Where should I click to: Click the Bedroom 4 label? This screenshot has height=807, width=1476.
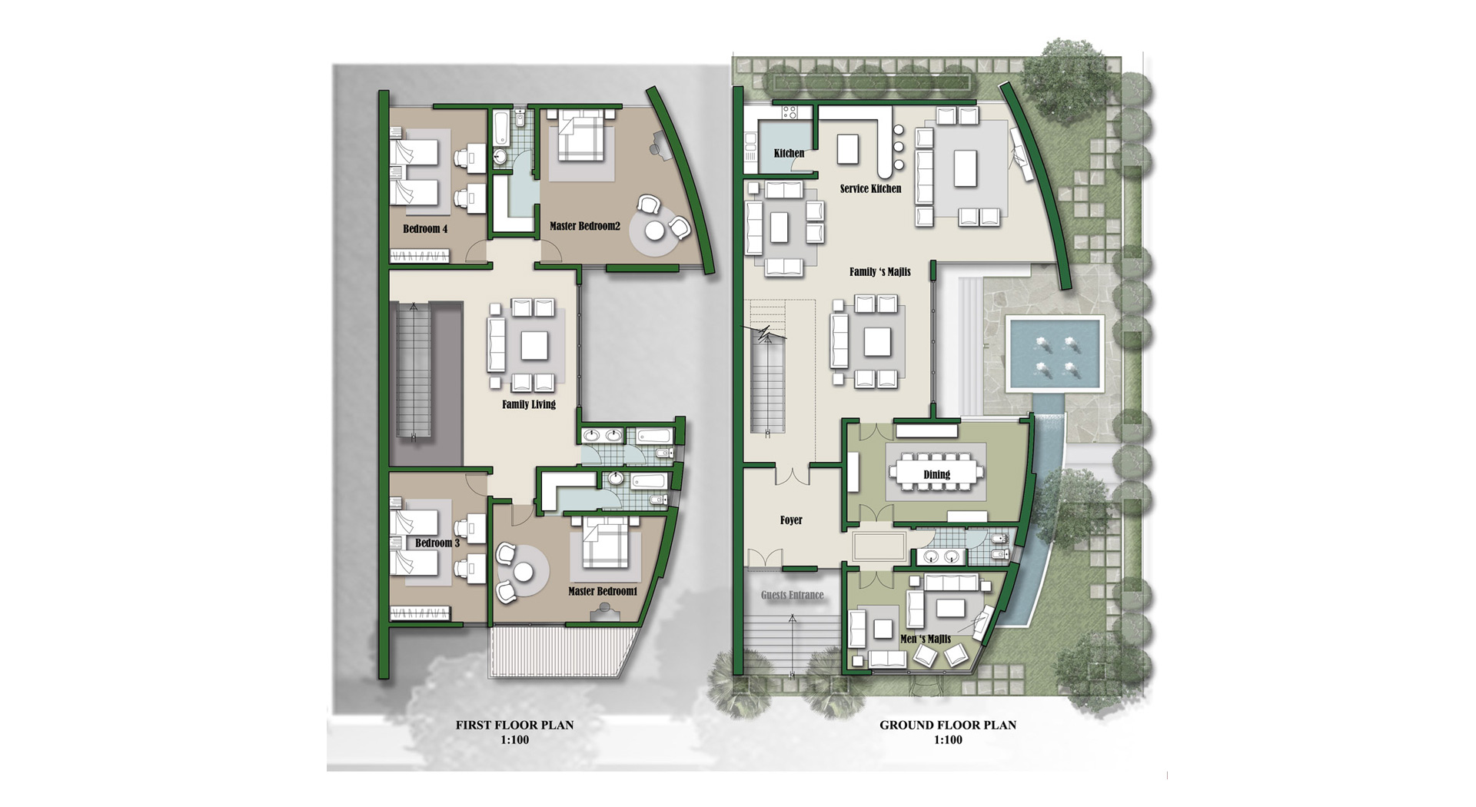425,229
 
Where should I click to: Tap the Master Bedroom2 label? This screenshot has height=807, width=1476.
585,226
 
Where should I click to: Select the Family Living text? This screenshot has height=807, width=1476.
529,404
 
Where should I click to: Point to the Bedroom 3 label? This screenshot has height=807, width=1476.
437,543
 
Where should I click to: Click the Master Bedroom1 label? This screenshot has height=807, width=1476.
603,591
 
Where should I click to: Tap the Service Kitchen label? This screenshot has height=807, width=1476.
870,188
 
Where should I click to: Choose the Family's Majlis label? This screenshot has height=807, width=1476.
880,271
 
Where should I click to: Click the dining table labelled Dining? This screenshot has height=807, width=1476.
936,474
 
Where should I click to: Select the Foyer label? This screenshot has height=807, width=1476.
791,520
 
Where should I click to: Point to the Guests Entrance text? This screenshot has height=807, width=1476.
793,595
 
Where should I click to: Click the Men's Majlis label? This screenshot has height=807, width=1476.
926,639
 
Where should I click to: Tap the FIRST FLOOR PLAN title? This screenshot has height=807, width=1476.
514,725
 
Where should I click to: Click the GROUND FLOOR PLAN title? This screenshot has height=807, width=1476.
948,725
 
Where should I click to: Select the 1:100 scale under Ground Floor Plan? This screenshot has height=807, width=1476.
948,740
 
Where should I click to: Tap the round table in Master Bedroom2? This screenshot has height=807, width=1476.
655,230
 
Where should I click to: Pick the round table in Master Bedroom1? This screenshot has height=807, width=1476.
524,572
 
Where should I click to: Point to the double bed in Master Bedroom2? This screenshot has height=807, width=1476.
581,136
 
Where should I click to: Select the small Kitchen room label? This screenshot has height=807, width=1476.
789,153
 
